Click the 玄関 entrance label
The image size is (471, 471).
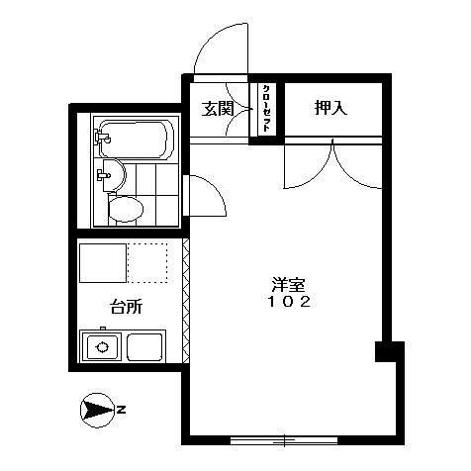point(218,109)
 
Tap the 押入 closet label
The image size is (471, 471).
point(330,108)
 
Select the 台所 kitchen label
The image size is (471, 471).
point(126,307)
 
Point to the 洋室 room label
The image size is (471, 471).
point(289,285)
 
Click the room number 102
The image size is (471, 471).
point(289,302)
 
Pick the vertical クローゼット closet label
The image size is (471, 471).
point(266,109)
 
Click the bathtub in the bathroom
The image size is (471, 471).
point(136,140)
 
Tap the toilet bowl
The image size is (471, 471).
point(126,209)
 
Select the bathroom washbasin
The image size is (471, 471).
point(114,175)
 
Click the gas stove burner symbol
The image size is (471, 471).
point(102,347)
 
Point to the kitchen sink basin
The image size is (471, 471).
point(144,347)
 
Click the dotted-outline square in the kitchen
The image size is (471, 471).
point(147,263)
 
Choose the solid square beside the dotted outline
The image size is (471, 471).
point(103,263)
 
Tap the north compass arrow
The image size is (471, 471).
point(98,411)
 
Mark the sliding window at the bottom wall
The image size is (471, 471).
point(284,440)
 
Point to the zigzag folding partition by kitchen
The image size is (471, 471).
point(186,301)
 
